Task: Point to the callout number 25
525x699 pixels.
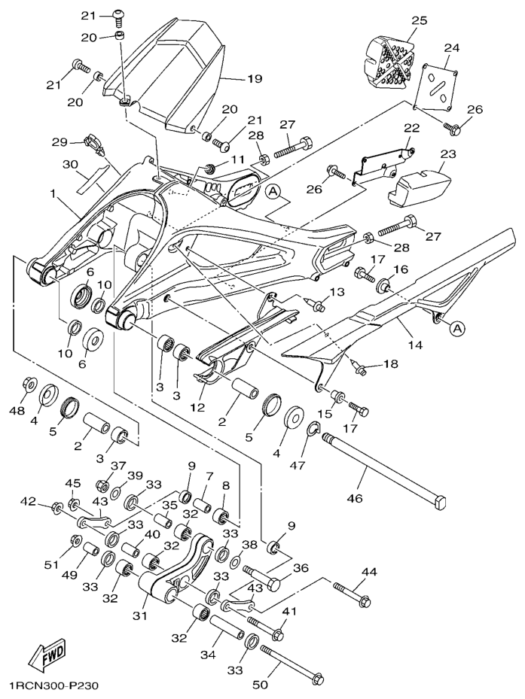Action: click(x=419, y=20)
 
